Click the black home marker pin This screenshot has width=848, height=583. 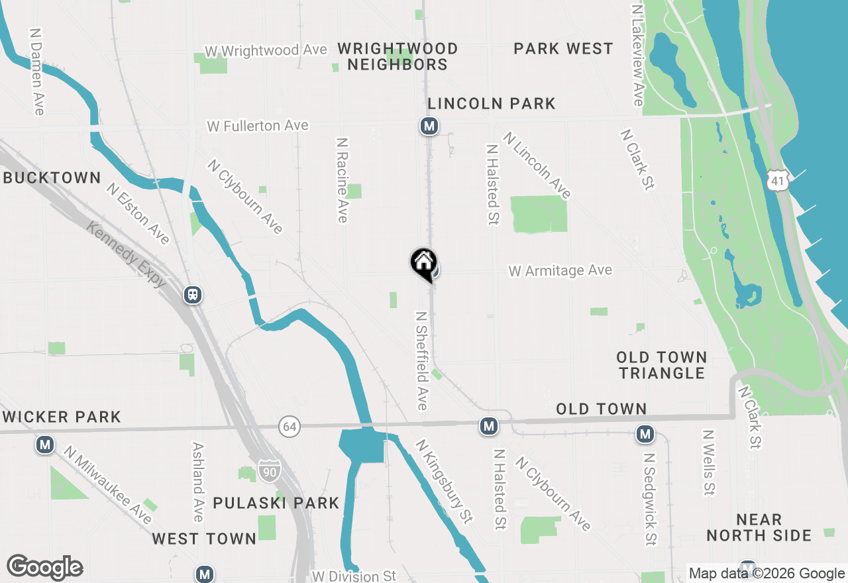423,264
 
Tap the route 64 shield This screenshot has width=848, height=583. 289,427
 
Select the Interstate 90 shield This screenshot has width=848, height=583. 270,470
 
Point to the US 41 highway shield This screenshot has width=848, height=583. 778,180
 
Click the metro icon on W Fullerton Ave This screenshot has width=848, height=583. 429,125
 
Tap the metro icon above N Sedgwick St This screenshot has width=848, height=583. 645,435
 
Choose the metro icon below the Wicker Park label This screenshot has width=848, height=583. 45,444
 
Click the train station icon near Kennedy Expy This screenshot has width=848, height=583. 193,294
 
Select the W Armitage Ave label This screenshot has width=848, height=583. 560,270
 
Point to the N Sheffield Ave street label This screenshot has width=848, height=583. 421,360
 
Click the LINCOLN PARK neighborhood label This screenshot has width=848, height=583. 492,103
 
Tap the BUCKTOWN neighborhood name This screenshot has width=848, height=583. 52,178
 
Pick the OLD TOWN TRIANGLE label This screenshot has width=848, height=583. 661,365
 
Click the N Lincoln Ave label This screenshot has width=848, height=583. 537,165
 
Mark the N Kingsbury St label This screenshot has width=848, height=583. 445,482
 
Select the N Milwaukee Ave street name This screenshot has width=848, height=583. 107,484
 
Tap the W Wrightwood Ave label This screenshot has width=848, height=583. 266,50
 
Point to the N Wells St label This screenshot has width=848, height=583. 708,462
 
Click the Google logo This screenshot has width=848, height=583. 44,568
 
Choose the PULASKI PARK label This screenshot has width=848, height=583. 276,503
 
